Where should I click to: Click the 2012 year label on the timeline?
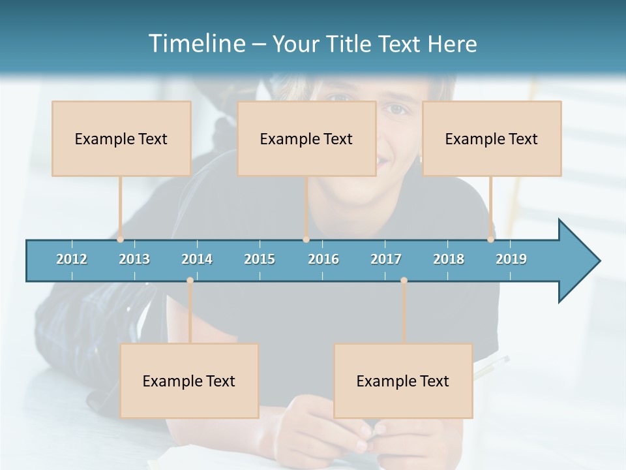click(72, 259)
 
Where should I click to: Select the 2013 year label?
click(134, 259)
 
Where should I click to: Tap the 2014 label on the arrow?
click(197, 259)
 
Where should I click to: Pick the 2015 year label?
click(260, 259)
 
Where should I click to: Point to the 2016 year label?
click(323, 259)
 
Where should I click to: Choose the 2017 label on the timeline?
click(386, 259)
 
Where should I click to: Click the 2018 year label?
click(449, 259)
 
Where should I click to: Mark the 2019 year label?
click(511, 259)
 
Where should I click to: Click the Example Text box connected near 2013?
click(121, 138)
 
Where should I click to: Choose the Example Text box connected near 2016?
click(306, 138)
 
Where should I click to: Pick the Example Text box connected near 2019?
click(492, 138)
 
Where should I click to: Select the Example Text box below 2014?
click(189, 381)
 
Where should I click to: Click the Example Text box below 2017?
click(403, 381)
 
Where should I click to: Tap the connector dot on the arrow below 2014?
click(190, 281)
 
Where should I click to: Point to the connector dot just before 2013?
click(121, 239)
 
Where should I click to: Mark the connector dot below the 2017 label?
click(404, 281)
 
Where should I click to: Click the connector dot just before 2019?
click(490, 239)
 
